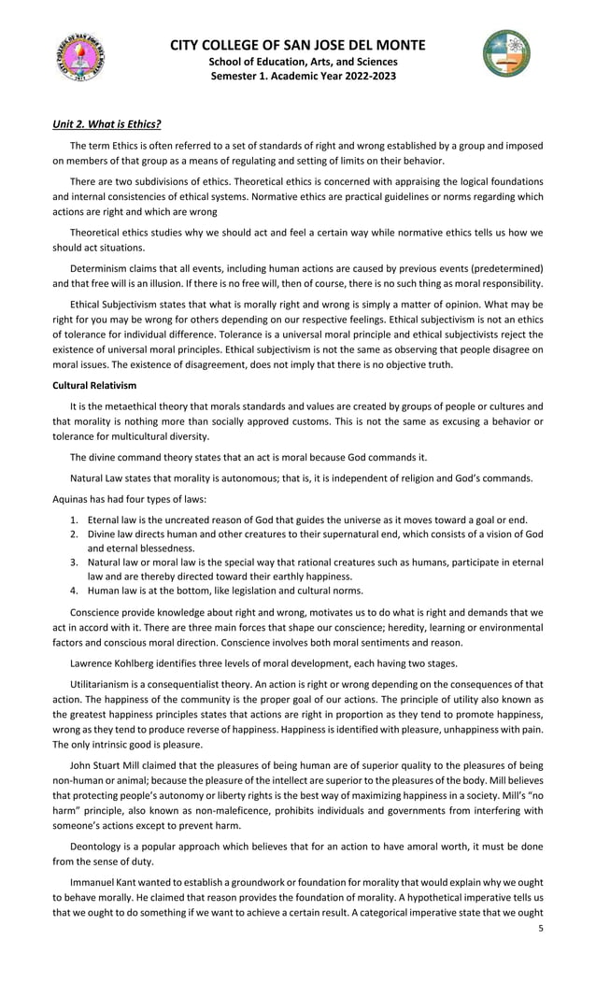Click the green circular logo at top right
[x=506, y=53]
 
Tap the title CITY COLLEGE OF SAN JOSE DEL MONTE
[x=298, y=46]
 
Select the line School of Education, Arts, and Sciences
[x=298, y=62]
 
